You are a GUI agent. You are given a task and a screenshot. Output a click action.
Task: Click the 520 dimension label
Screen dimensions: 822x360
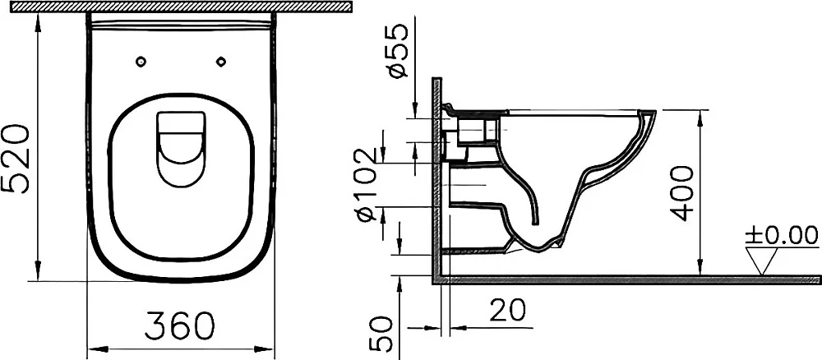(x=16, y=159)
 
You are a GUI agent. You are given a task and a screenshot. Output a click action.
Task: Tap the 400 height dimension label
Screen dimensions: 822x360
(x=682, y=193)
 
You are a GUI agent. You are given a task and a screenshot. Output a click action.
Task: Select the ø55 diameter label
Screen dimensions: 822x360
(x=398, y=51)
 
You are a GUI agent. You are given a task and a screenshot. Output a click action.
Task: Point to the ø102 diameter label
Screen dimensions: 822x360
(x=367, y=184)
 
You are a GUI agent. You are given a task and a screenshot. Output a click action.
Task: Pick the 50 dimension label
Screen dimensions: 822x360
(x=381, y=333)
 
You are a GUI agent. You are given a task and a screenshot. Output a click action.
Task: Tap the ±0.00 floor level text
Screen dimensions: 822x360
(x=782, y=235)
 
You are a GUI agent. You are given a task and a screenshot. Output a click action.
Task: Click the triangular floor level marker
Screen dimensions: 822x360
(x=762, y=261)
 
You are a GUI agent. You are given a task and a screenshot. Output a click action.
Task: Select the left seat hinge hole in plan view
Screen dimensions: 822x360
(x=141, y=62)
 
